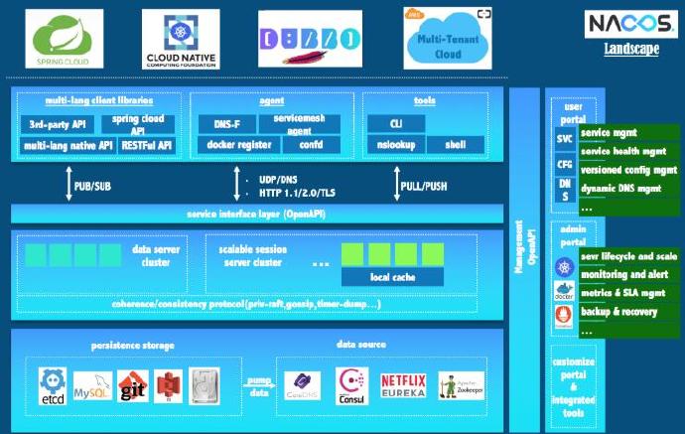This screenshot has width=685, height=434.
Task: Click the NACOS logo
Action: point(629,23)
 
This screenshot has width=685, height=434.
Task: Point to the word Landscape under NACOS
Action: point(630,48)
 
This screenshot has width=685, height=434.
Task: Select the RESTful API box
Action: point(147,145)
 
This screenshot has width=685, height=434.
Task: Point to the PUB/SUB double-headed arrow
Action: point(68,185)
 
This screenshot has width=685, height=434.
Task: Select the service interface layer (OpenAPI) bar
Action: point(257,214)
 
